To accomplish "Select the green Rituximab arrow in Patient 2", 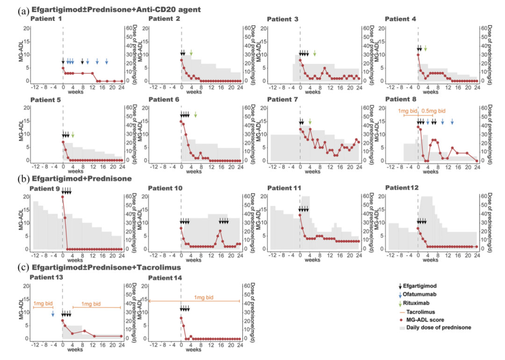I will pos(191,53).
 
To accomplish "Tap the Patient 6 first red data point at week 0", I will pos(181,122).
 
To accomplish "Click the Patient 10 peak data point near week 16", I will pos(220,230).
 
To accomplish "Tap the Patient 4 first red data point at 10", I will pos(418,55).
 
